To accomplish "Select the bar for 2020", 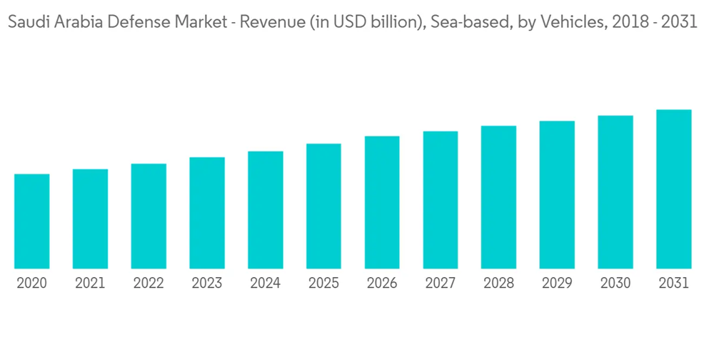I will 31,221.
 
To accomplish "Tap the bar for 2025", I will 323,206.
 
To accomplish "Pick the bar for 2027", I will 441,200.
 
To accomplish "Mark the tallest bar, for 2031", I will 674,189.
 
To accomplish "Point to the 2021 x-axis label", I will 90,284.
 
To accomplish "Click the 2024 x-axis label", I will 265,284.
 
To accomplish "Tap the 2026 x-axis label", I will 382,284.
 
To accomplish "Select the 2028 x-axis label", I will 498,284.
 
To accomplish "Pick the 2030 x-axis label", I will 615,284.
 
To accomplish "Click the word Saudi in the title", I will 24,22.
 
